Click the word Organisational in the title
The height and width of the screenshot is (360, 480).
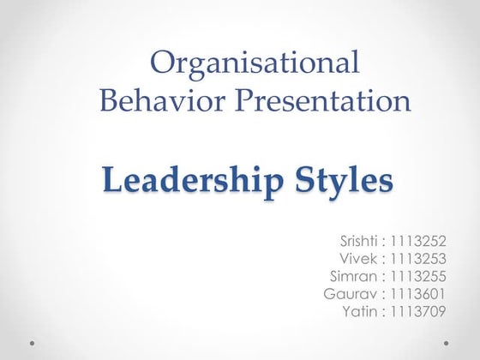(x=255, y=63)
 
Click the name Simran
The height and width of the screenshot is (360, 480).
(x=354, y=275)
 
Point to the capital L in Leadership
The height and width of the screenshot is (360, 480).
(x=111, y=181)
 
